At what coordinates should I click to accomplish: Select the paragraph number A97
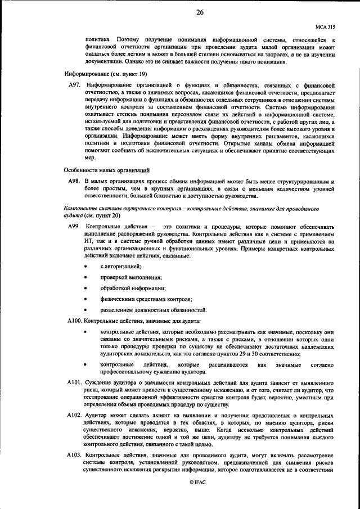pyautogui.click(x=75, y=85)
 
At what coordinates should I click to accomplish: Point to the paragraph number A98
pyautogui.click(x=75, y=181)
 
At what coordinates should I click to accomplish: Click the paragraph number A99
pyautogui.click(x=75, y=226)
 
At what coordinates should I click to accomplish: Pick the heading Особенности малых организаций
pyautogui.click(x=106, y=170)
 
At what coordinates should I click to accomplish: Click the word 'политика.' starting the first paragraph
pyautogui.click(x=96, y=40)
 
